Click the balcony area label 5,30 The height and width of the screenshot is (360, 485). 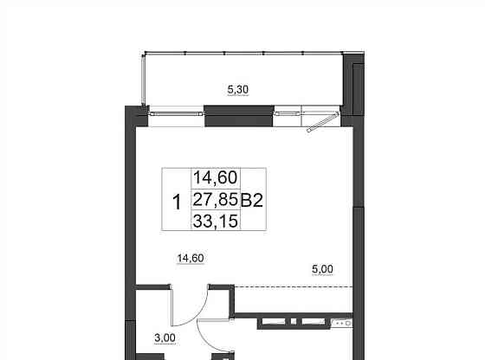(x=238, y=90)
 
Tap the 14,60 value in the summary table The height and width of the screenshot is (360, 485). (x=216, y=177)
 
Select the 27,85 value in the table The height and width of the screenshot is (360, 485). (x=216, y=199)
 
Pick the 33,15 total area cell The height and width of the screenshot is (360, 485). (x=216, y=221)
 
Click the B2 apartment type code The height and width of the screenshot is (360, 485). (x=252, y=200)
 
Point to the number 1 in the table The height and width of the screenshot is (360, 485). (x=177, y=202)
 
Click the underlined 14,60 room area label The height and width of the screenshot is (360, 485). (x=191, y=258)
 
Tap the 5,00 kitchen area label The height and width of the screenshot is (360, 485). (x=322, y=269)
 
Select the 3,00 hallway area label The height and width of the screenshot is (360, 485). (x=165, y=338)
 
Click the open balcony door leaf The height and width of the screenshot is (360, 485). (x=322, y=122)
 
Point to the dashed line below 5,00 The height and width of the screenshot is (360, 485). (x=294, y=287)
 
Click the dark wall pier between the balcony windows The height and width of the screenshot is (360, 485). (x=238, y=116)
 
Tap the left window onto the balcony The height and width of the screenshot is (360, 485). (x=177, y=113)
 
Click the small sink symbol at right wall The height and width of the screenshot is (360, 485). (x=342, y=324)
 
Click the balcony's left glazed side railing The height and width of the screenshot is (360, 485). (x=143, y=80)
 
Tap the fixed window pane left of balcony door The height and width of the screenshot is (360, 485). (x=288, y=113)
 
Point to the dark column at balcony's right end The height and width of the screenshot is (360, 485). (x=354, y=84)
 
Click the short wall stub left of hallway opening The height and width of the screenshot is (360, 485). (x=154, y=287)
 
